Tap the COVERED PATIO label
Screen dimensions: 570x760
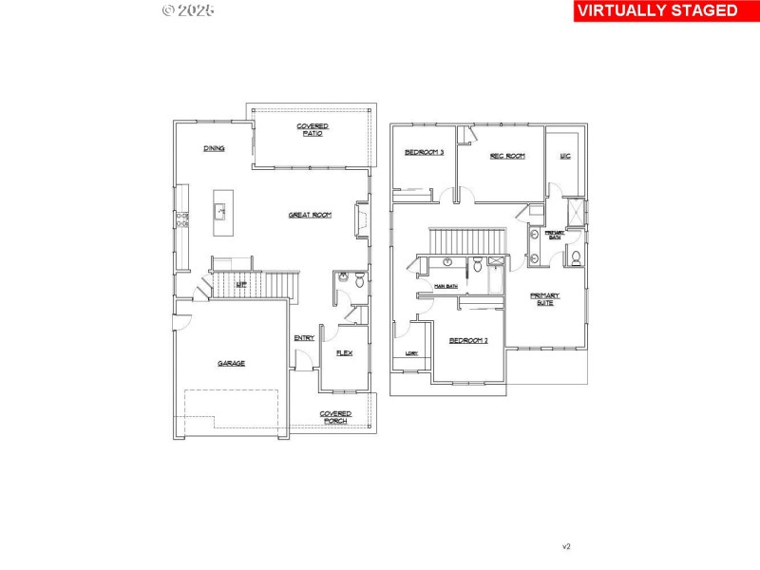pyautogui.click(x=313, y=130)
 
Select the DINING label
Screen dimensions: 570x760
pyautogui.click(x=214, y=148)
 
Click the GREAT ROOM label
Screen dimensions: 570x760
pyautogui.click(x=310, y=216)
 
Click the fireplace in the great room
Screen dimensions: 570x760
pyautogui.click(x=361, y=218)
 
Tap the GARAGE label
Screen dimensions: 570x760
pyautogui.click(x=231, y=363)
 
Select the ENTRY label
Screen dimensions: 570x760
pyautogui.click(x=304, y=338)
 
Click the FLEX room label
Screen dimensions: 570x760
pyautogui.click(x=344, y=353)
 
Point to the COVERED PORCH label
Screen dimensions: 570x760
pyautogui.click(x=334, y=417)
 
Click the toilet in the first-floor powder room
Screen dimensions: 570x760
pyautogui.click(x=359, y=280)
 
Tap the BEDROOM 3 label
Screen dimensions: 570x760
pyautogui.click(x=424, y=152)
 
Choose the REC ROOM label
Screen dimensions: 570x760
pyautogui.click(x=507, y=156)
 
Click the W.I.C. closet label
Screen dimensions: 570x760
pyautogui.click(x=564, y=156)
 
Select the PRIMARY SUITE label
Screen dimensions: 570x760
pyautogui.click(x=544, y=298)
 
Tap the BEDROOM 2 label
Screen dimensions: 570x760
pyautogui.click(x=468, y=340)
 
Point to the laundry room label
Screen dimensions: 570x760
pyautogui.click(x=411, y=353)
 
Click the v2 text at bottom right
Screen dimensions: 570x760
pyautogui.click(x=566, y=546)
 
